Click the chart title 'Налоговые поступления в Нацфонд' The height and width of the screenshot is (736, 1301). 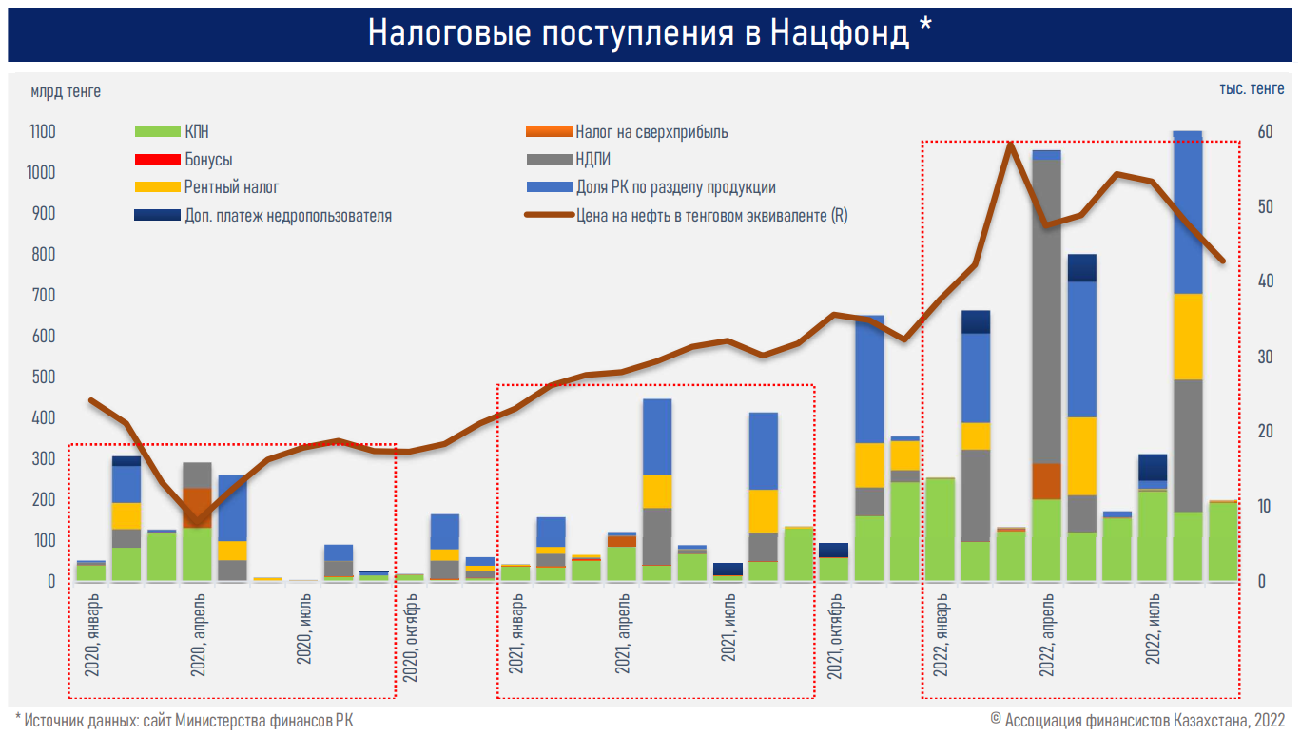650,32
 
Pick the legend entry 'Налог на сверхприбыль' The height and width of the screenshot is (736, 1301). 651,132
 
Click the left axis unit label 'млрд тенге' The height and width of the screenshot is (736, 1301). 66,91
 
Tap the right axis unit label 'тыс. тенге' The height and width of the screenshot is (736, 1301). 1252,89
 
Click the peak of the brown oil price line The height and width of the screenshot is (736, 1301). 1011,144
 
